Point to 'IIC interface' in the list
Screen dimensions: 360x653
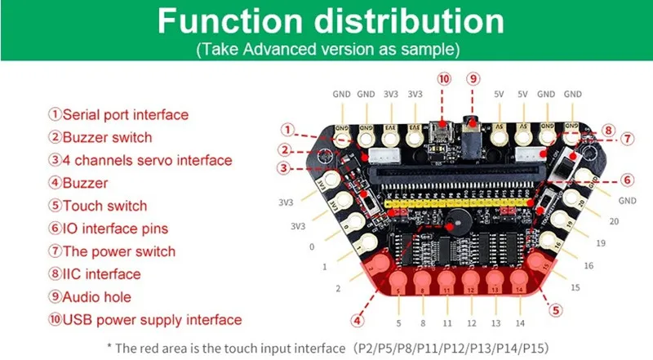101,274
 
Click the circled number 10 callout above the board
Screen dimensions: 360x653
443,79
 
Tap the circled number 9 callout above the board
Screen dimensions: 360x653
472,79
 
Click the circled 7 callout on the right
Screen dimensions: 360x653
627,140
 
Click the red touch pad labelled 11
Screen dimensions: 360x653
446,282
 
